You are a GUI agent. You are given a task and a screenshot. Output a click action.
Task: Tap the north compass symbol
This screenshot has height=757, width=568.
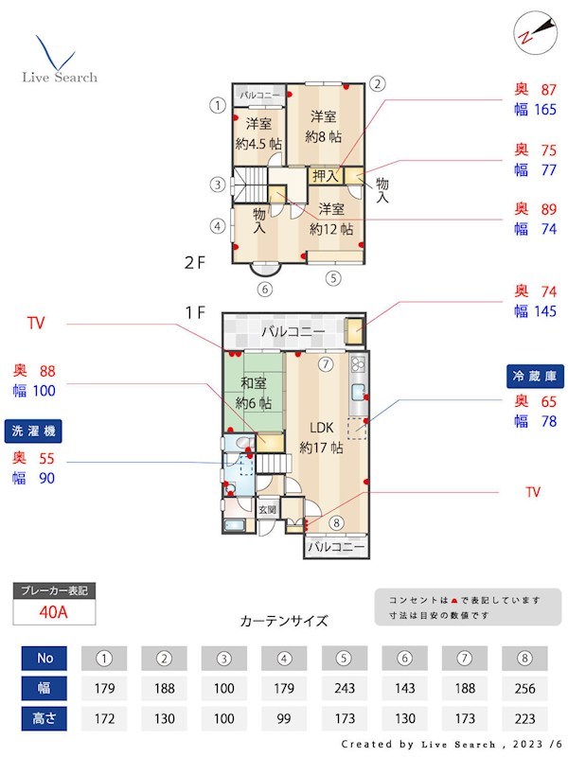tap(531, 32)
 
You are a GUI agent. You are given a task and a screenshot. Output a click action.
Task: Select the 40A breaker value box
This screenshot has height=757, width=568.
tap(54, 612)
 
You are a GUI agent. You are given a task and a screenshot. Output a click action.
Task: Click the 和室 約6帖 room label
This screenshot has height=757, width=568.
tap(254, 394)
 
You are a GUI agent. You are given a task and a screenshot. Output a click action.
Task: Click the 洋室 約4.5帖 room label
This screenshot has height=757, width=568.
tap(258, 133)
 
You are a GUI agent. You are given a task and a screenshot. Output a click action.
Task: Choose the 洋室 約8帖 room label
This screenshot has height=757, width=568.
tap(323, 126)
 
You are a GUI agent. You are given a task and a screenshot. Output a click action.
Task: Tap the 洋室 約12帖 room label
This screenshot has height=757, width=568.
tap(330, 219)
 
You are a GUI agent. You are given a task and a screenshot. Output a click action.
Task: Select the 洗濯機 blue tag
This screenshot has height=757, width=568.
tap(33, 431)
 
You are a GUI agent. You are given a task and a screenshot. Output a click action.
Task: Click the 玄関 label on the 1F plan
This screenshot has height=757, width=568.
tap(268, 510)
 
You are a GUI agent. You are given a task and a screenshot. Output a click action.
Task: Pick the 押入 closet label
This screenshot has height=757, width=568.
tap(325, 175)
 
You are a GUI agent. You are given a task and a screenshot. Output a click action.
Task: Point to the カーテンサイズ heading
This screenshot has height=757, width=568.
tap(284, 622)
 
